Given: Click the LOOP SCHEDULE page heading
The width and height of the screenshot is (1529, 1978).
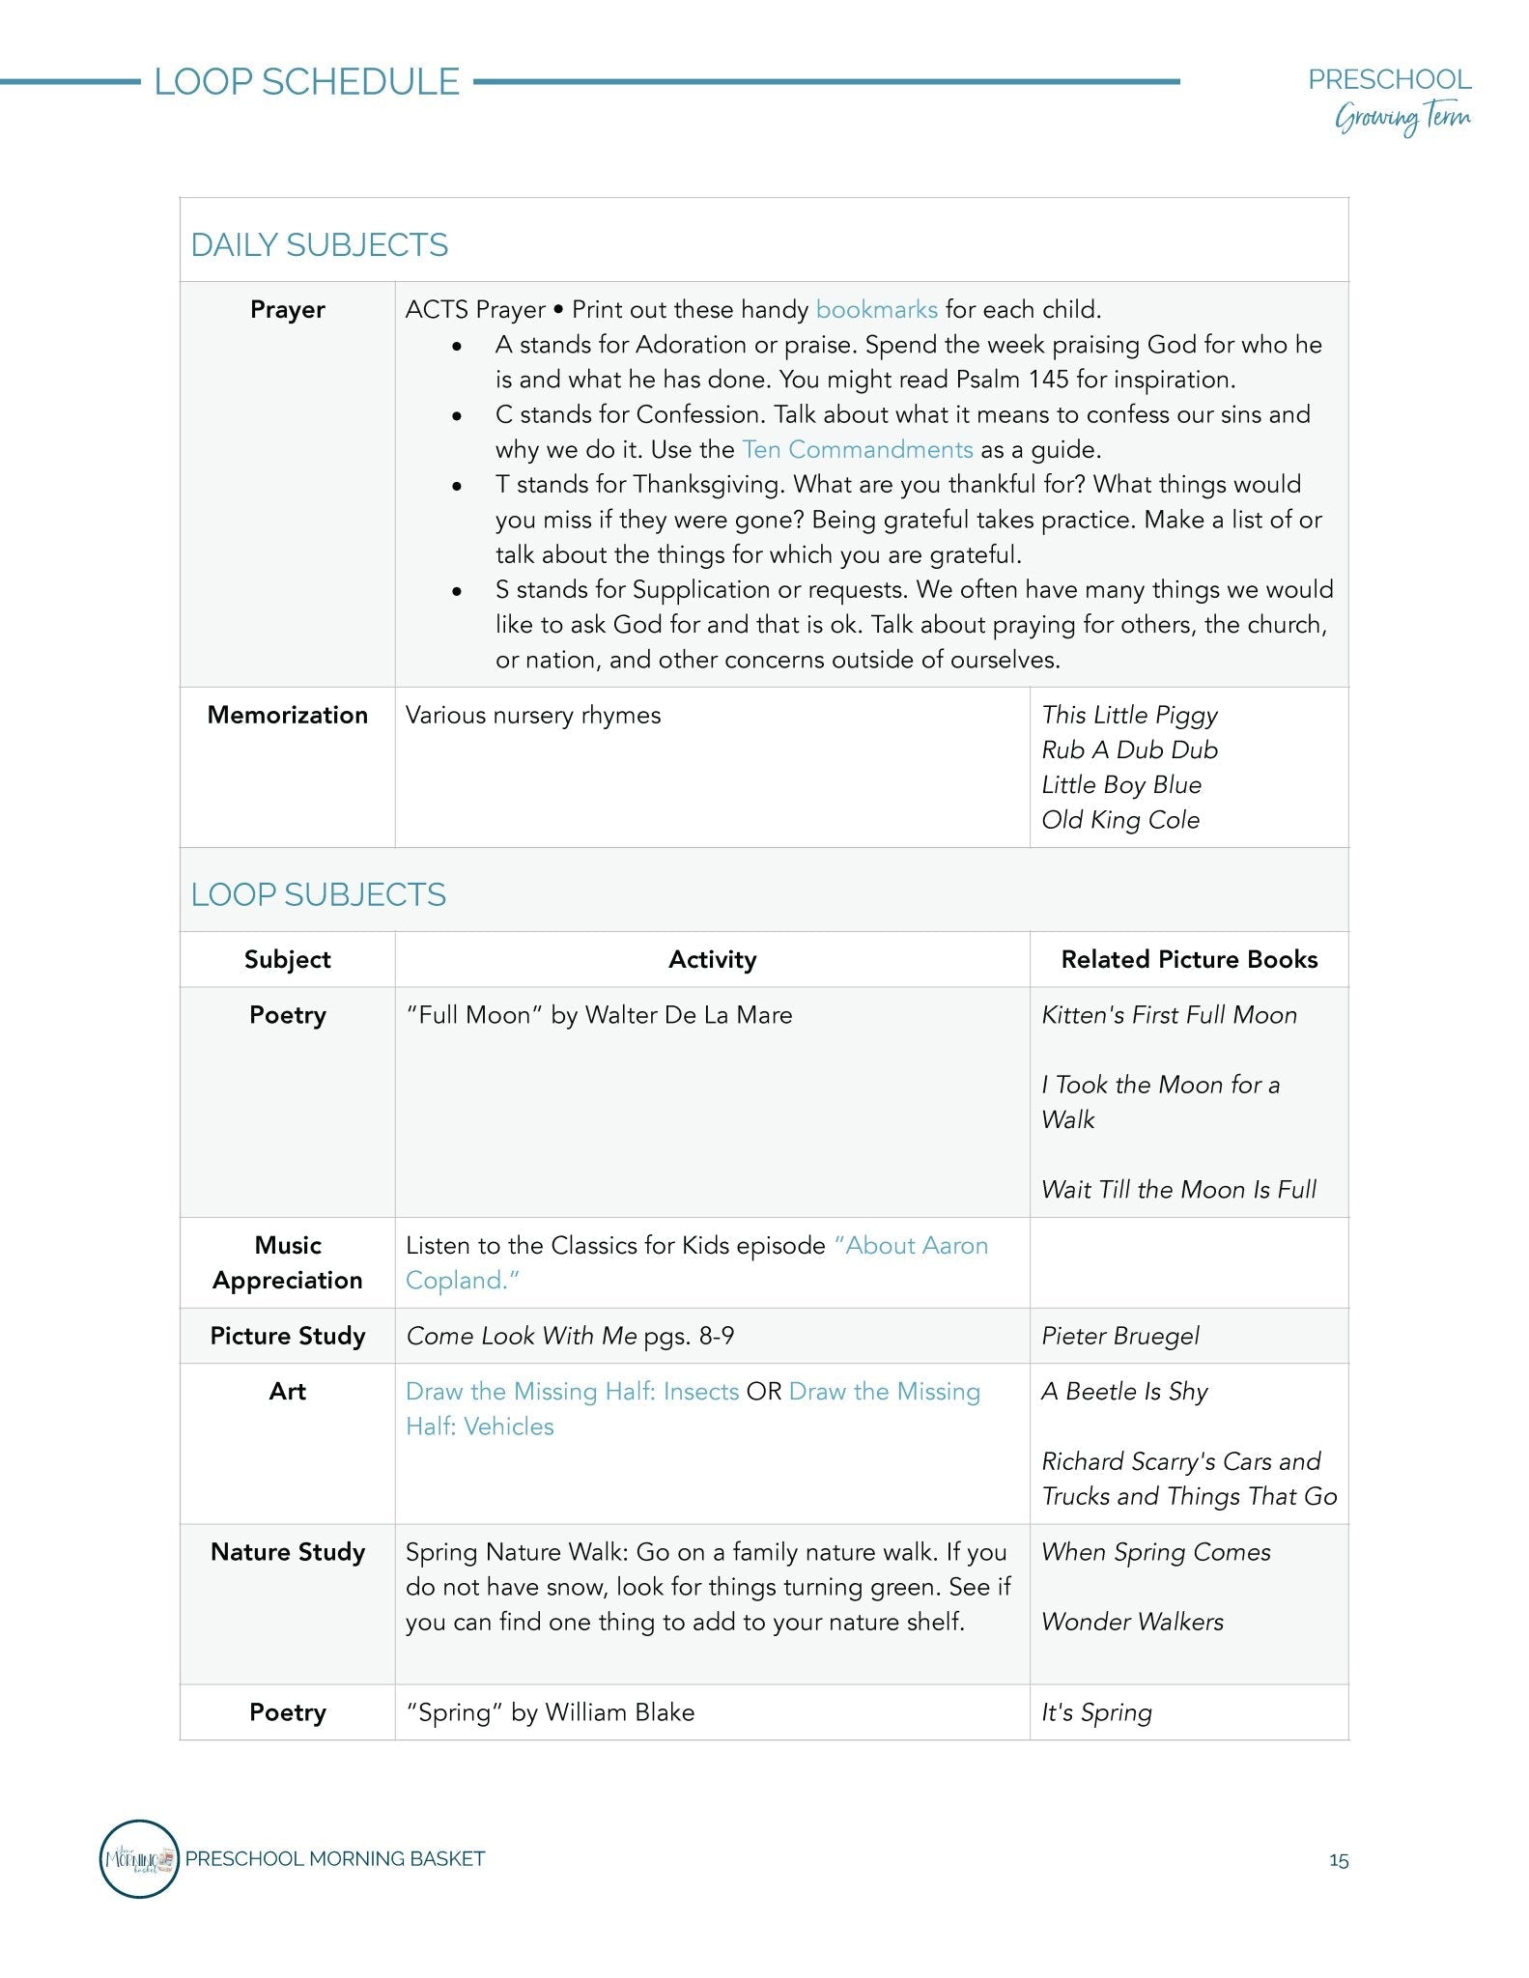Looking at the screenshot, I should click(306, 82).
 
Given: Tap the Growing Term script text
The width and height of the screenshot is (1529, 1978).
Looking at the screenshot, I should click(1402, 119).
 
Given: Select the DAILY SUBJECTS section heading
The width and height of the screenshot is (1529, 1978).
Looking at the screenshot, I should click(320, 245).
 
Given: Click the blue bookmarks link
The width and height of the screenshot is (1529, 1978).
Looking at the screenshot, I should click(876, 310).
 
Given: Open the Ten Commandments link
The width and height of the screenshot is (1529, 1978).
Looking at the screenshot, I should click(857, 450).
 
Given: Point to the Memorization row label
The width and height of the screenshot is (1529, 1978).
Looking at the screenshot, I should click(287, 716).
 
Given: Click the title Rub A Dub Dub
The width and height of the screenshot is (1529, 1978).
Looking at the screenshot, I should click(1129, 750).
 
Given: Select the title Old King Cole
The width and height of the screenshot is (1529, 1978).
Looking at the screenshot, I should click(1119, 820).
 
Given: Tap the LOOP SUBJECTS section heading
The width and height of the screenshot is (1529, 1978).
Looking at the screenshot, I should click(319, 895).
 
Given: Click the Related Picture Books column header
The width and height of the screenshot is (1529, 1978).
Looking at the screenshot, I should click(1189, 960).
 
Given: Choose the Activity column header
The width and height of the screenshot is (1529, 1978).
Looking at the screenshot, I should click(712, 960).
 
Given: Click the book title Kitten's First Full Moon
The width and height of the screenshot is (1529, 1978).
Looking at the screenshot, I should click(1169, 1016).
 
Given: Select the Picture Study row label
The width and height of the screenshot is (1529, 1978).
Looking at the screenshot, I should click(287, 1337).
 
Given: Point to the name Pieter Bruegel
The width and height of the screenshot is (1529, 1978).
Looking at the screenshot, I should click(1119, 1337).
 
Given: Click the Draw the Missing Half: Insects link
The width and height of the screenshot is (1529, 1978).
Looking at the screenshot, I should click(572, 1392).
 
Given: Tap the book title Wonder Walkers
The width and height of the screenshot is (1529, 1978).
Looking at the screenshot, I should click(1132, 1623).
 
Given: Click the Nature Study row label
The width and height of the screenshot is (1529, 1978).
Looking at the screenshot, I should click(287, 1553).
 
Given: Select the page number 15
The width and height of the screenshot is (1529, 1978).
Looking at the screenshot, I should click(1338, 1861).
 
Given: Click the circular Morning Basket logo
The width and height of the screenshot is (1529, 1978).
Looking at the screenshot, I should click(139, 1859).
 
